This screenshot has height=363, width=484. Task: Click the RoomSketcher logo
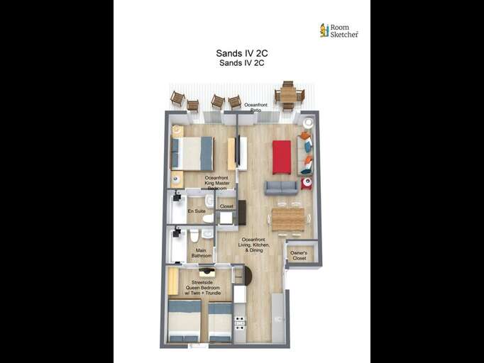339,30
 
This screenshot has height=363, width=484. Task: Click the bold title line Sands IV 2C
241,53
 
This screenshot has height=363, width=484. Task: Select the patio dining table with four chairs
287,95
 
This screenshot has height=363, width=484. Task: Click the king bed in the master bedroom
192,153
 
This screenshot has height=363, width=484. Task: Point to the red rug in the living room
282,157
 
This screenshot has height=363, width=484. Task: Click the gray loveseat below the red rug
281,187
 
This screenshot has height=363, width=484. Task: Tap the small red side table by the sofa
306,184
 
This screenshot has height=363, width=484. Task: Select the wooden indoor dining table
288,219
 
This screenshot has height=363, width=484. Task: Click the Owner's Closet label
299,255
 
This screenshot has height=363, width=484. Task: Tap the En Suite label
196,211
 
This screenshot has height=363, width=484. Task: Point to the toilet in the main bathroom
194,235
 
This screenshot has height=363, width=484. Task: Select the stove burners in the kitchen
240,323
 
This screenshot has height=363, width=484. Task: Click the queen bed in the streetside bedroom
185,320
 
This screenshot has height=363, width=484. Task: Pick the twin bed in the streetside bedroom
220,321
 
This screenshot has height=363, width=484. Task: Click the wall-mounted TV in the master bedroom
231,153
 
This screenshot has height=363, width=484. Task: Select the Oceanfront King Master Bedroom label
216,183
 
